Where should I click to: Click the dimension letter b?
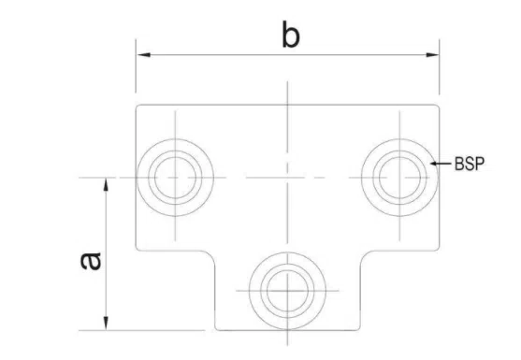[x=291, y=36]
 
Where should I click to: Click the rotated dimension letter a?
[x=90, y=260]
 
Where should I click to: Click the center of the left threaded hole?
[x=174, y=176]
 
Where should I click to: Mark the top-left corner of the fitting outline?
[x=138, y=106]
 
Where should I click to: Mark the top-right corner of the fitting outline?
[x=438, y=106]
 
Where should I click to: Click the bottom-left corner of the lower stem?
[x=216, y=328]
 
